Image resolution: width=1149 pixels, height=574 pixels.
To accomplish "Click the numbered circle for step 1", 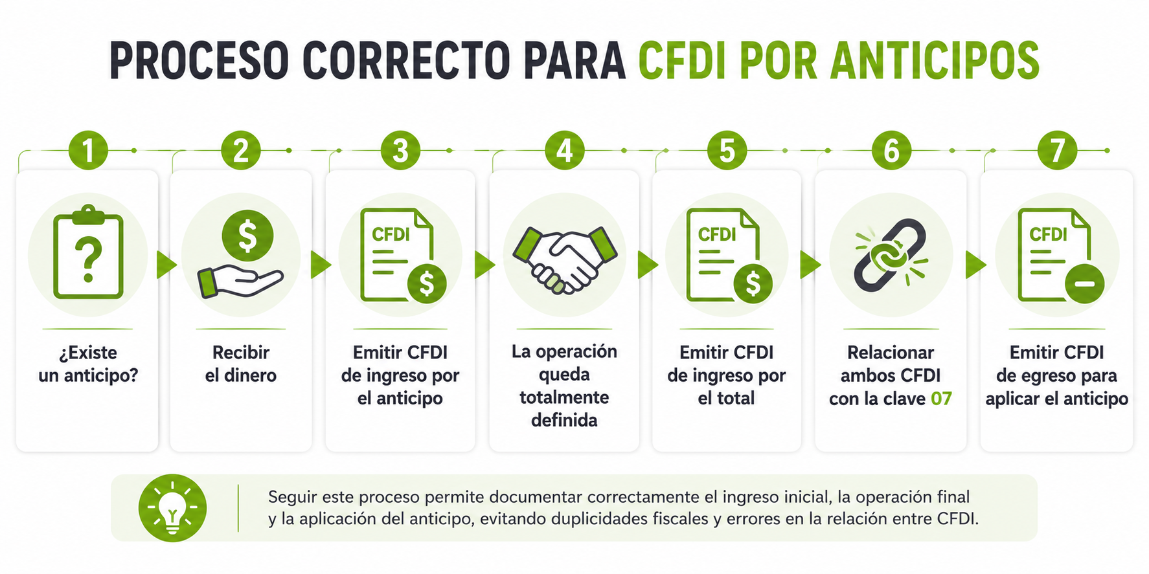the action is [88, 151].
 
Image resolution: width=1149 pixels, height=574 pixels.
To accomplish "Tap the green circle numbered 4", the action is [565, 151].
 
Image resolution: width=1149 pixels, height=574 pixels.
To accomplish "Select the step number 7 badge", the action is [1057, 151].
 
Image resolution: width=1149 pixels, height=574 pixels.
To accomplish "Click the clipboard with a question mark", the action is [88, 252].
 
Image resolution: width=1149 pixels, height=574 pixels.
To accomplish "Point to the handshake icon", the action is [565, 259].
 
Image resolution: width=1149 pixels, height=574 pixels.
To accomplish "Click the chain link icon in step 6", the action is [891, 255].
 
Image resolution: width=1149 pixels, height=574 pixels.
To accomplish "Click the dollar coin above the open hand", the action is [247, 236].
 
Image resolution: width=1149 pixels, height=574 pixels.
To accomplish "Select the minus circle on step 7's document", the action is [1085, 284].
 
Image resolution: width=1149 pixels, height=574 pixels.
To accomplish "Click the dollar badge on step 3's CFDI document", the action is [427, 283].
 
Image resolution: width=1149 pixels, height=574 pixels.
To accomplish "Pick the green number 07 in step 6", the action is [941, 399].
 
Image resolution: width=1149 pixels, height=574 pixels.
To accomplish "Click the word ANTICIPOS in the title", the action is [935, 61].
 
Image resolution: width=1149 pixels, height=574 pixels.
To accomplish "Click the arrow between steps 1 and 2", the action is [166, 265].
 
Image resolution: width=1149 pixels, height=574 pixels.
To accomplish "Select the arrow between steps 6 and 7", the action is [975, 265].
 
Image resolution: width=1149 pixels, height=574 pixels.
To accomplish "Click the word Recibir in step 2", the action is [241, 353].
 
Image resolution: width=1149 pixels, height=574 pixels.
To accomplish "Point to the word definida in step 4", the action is [564, 421].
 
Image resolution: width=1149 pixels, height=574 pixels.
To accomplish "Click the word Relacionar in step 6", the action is [891, 353].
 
